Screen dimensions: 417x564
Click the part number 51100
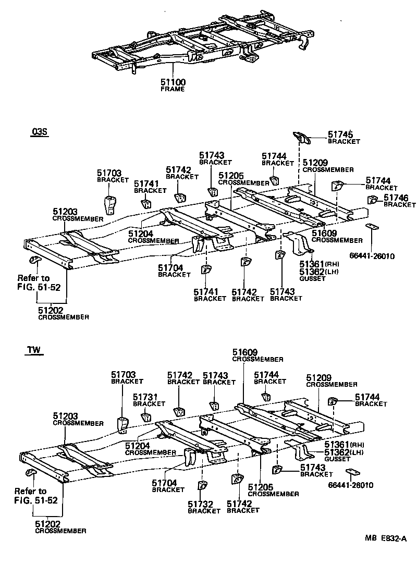click(x=173, y=83)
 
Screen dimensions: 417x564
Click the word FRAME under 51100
click(x=173, y=89)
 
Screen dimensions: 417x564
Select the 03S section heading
click(x=39, y=132)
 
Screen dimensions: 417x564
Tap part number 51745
click(x=340, y=134)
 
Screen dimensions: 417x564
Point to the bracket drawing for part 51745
click(x=302, y=137)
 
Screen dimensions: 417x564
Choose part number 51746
click(x=396, y=198)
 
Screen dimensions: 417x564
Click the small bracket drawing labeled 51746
click(x=372, y=199)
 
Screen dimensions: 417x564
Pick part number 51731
click(x=145, y=397)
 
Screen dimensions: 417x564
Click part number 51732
click(x=200, y=504)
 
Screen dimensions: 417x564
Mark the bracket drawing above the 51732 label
click(x=202, y=485)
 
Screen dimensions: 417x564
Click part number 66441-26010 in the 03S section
click(x=372, y=256)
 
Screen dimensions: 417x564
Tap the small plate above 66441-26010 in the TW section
click(x=352, y=472)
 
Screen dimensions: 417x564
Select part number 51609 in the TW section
click(x=244, y=352)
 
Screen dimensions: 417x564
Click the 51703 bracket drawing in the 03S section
click(x=111, y=205)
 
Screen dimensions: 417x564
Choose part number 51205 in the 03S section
click(x=230, y=176)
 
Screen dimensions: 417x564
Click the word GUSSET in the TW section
click(x=337, y=459)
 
